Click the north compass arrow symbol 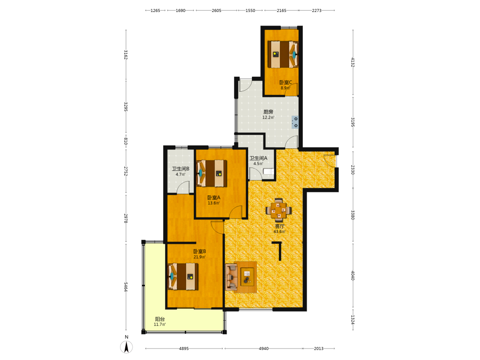(x=126, y=347)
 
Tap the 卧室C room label (x=286, y=83)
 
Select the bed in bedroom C (x=283, y=54)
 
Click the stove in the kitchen (x=295, y=122)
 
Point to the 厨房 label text (x=268, y=112)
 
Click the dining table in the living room (x=278, y=210)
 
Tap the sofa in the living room (x=232, y=277)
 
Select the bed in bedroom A (x=212, y=173)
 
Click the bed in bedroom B (x=183, y=276)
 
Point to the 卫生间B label (x=180, y=168)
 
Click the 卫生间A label (x=258, y=158)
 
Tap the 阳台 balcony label (x=160, y=319)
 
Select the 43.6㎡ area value (x=279, y=232)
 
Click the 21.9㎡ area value (x=200, y=257)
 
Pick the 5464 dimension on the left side (x=125, y=287)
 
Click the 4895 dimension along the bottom (x=184, y=348)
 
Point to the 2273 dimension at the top (x=317, y=11)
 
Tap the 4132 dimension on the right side (x=353, y=62)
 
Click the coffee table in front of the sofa (x=247, y=277)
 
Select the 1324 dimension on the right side (x=353, y=320)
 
